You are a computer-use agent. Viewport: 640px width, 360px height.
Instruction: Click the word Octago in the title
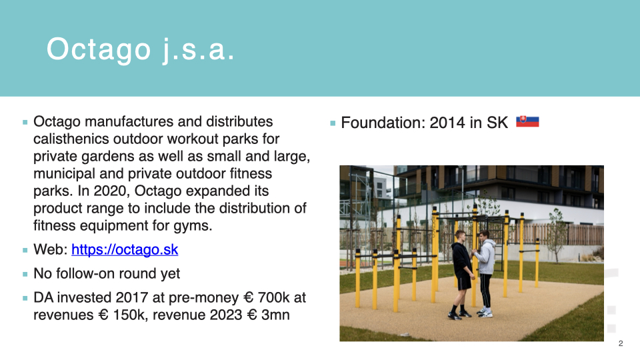(x=99, y=50)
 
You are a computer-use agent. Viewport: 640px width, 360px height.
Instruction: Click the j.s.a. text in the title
(x=199, y=50)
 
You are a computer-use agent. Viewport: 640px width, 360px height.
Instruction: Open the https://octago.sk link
(x=125, y=249)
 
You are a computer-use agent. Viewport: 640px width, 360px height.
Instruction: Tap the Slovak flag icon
(x=527, y=121)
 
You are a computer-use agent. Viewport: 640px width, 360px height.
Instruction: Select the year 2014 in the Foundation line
(x=447, y=123)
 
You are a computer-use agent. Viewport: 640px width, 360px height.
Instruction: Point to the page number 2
(x=621, y=343)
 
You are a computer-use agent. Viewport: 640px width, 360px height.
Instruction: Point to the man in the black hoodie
(x=462, y=274)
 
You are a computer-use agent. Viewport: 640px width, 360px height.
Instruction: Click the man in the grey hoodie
(x=485, y=273)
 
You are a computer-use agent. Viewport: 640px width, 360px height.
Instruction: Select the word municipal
(x=65, y=174)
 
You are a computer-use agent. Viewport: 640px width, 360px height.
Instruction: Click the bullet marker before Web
(x=25, y=250)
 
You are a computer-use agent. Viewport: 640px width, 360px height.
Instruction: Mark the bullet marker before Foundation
(x=333, y=123)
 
